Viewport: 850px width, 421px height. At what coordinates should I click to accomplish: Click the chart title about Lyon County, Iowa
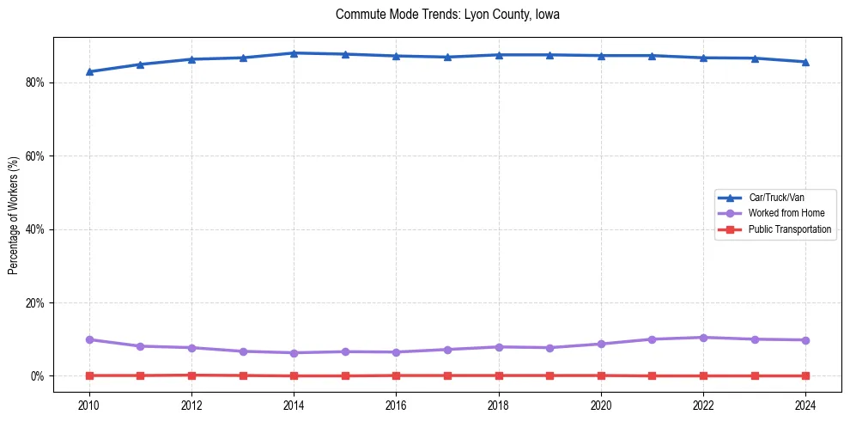(447, 15)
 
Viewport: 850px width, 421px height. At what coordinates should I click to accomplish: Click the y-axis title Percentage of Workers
(14, 216)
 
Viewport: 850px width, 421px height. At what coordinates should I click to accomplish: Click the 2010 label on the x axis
(88, 404)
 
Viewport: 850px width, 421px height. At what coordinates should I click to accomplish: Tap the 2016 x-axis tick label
(396, 404)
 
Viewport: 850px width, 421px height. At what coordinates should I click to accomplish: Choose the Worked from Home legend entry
(786, 213)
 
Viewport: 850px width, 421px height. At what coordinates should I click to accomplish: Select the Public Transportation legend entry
(789, 229)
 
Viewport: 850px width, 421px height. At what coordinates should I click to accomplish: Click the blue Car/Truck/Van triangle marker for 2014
(294, 53)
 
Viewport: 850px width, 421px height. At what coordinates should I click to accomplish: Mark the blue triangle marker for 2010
(88, 71)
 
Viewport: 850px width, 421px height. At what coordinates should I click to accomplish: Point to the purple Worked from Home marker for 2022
(703, 338)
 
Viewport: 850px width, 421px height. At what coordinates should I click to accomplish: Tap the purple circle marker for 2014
(294, 353)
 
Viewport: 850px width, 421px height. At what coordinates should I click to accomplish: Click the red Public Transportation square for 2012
(191, 375)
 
